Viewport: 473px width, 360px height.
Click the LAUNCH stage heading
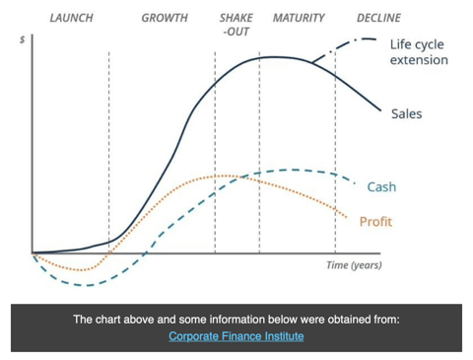click(x=71, y=19)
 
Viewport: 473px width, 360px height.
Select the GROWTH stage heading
click(x=165, y=19)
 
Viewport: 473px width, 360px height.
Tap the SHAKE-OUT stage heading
click(x=236, y=26)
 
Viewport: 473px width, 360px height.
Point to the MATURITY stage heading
click(x=300, y=19)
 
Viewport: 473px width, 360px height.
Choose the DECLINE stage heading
click(x=378, y=19)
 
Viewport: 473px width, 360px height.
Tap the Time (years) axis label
click(x=354, y=265)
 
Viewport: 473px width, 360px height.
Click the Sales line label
click(x=406, y=114)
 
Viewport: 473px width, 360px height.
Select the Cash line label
click(x=381, y=186)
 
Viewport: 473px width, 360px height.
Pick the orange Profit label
click(x=375, y=221)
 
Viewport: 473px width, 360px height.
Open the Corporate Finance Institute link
click(x=236, y=336)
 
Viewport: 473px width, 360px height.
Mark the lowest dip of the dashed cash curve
click(x=83, y=286)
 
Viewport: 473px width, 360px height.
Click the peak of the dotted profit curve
click(x=222, y=176)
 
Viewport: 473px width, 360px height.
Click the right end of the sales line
click(x=380, y=110)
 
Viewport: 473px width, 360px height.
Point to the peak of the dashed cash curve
click(x=291, y=170)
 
